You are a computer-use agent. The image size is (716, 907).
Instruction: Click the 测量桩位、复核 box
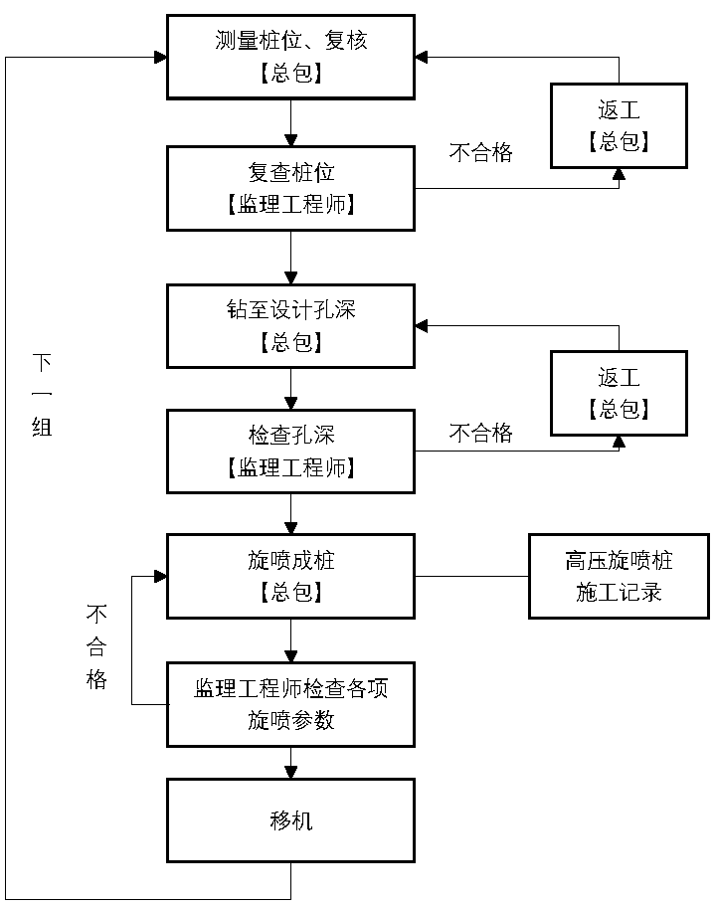click(x=290, y=57)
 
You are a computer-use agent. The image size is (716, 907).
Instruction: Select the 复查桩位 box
click(x=290, y=188)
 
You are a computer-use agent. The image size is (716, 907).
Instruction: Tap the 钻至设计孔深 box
click(x=290, y=326)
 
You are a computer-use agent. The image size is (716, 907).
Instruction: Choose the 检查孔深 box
click(x=290, y=451)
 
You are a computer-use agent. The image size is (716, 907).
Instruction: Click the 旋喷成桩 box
click(x=290, y=576)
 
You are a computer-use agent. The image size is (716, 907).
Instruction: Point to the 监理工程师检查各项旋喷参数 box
click(x=290, y=704)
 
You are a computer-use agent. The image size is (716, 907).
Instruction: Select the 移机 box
click(x=290, y=820)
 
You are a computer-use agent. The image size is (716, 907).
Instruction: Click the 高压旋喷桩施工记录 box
click(x=619, y=576)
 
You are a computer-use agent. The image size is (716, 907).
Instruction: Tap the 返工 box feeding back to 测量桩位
click(x=619, y=125)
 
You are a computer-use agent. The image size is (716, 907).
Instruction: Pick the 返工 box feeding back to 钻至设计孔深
click(x=619, y=393)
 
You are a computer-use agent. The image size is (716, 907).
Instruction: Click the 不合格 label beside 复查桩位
click(x=481, y=153)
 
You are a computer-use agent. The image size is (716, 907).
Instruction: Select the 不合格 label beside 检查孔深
click(x=481, y=433)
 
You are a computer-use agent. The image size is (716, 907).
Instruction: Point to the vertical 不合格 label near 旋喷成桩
click(x=96, y=646)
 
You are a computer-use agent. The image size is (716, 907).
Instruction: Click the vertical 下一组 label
click(x=42, y=394)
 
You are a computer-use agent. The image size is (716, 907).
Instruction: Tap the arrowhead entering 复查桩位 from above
click(x=290, y=140)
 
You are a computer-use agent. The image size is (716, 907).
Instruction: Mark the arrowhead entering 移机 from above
click(x=290, y=772)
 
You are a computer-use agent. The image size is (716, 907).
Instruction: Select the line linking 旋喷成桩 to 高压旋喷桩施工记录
click(x=471, y=576)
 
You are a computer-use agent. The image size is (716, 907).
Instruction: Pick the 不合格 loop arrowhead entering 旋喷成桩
click(x=159, y=576)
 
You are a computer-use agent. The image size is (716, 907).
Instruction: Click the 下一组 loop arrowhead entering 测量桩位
click(x=159, y=58)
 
